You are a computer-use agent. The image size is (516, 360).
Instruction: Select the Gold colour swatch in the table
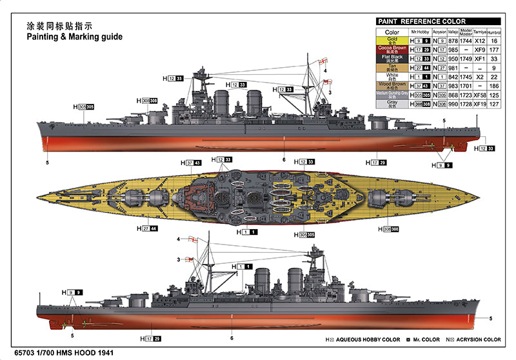(392, 41)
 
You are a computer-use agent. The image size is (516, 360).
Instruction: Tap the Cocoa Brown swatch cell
(392, 50)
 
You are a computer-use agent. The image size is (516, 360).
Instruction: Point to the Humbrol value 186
(495, 86)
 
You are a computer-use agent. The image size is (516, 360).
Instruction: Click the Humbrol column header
(495, 31)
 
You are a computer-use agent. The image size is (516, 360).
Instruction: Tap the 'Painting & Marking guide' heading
(74, 37)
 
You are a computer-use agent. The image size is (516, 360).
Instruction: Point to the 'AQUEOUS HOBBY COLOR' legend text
(368, 339)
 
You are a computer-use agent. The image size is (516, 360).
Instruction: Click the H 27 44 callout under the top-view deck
(147, 228)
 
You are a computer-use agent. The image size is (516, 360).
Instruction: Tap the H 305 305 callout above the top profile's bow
(84, 106)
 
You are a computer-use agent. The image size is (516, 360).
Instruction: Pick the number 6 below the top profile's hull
(284, 159)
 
